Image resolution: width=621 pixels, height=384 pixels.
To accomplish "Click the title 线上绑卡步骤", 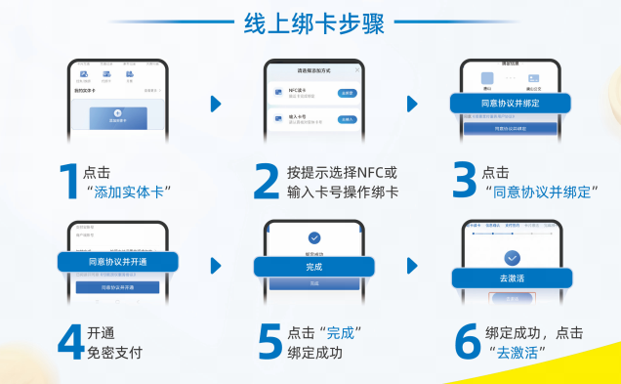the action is [x=310, y=24].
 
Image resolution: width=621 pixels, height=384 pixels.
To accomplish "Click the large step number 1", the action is [x=68, y=181].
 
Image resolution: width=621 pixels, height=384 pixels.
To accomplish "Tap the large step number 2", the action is [x=267, y=181].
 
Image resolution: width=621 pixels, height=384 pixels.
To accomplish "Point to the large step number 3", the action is [x=464, y=181].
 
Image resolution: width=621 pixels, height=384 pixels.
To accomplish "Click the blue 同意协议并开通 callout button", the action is [x=117, y=262].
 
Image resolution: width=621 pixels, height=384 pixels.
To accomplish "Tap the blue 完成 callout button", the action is [x=313, y=266].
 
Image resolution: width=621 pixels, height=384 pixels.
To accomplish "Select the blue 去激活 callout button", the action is [x=511, y=278].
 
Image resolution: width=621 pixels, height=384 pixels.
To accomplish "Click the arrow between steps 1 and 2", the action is [x=216, y=103].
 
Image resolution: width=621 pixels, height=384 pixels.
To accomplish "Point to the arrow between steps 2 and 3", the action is [x=412, y=103].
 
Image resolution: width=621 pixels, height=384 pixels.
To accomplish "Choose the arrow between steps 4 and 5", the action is [x=216, y=265].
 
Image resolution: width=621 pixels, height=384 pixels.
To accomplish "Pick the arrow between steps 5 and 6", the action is [x=412, y=265].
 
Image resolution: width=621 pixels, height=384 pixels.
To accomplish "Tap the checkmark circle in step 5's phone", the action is [x=313, y=237].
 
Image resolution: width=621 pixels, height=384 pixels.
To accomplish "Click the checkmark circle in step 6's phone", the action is [x=511, y=257].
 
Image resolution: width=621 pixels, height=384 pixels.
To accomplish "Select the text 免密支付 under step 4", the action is [x=115, y=352].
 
